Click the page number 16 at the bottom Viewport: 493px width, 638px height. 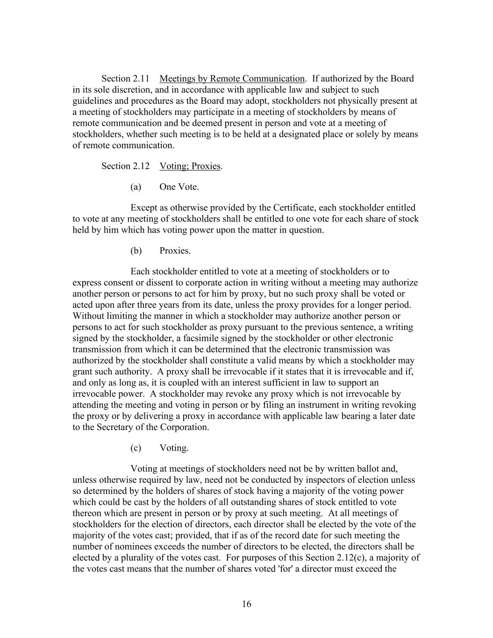(x=246, y=604)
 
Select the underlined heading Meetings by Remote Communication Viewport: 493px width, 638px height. (x=232, y=79)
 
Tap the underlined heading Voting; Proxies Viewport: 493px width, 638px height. (x=190, y=166)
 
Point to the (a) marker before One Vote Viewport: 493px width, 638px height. (x=136, y=187)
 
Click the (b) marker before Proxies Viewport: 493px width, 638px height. (x=136, y=251)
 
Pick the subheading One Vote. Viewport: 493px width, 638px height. (x=179, y=187)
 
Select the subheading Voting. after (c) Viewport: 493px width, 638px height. (x=174, y=448)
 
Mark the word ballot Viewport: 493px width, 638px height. (x=369, y=469)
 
